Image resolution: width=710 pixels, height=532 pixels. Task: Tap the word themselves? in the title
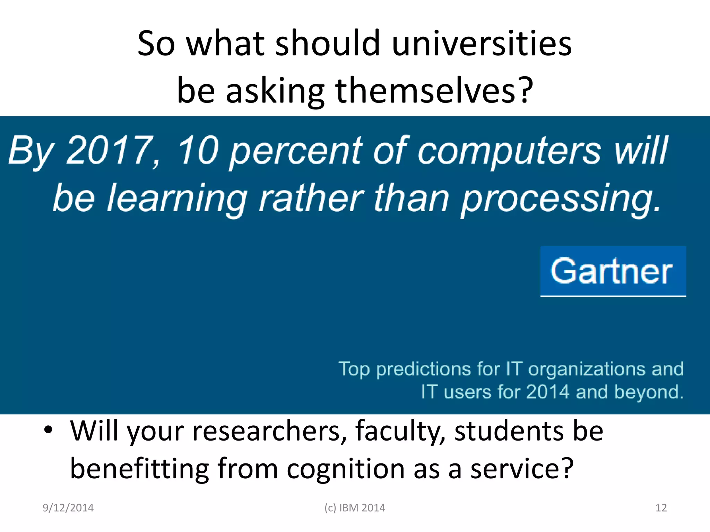(434, 90)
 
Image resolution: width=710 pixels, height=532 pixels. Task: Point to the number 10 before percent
(198, 150)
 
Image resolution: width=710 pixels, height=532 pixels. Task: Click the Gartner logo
(613, 271)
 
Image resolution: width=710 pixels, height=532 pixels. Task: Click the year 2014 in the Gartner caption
(547, 392)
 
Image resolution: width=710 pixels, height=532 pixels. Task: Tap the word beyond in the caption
(649, 392)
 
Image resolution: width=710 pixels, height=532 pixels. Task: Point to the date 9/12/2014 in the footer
(68, 508)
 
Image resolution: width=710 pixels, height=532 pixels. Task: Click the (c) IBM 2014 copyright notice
(355, 508)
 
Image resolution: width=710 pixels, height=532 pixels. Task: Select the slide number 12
(661, 508)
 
